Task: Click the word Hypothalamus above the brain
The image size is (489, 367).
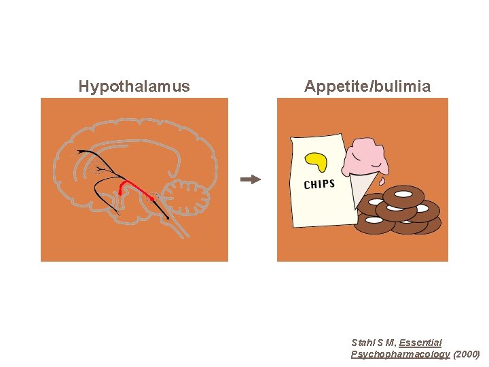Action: tap(134, 86)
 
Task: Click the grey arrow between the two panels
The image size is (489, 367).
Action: tap(251, 179)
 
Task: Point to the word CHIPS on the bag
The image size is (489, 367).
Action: tap(319, 184)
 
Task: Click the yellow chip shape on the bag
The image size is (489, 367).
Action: tap(316, 161)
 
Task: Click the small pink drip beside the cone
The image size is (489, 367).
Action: tap(383, 181)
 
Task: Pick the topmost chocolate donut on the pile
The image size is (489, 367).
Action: tap(403, 197)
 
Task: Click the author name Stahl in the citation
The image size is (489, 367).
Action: tap(363, 343)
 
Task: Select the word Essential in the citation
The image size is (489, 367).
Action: tap(420, 343)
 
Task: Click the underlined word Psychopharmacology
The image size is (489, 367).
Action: tap(400, 354)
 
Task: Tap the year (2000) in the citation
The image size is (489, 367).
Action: tap(466, 354)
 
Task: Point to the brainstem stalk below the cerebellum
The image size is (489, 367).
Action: tap(178, 227)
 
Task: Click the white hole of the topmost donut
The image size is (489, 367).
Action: tap(403, 195)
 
